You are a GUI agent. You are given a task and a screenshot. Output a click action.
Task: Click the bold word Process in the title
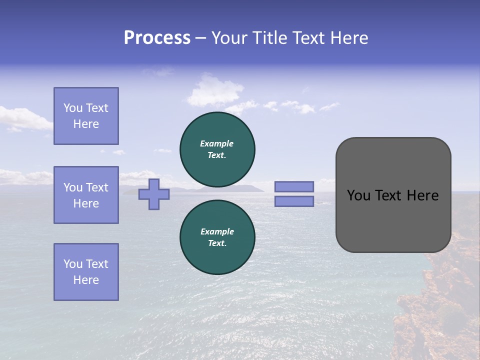pyautogui.click(x=157, y=38)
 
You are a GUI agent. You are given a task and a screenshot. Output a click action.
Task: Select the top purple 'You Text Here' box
pyautogui.click(x=86, y=116)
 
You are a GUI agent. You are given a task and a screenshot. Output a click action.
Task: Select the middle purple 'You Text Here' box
pyautogui.click(x=86, y=195)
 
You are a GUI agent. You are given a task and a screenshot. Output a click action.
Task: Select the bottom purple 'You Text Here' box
pyautogui.click(x=86, y=272)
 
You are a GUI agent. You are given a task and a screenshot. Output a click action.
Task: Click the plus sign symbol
pyautogui.click(x=154, y=194)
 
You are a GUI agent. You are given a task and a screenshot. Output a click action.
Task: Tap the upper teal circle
pyautogui.click(x=217, y=149)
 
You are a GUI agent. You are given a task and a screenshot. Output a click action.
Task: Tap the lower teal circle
pyautogui.click(x=217, y=237)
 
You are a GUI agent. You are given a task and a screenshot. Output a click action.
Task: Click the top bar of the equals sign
pyautogui.click(x=294, y=186)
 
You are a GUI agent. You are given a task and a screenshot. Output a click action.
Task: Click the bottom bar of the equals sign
pyautogui.click(x=294, y=201)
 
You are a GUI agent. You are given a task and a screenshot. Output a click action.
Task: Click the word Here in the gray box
pyautogui.click(x=422, y=195)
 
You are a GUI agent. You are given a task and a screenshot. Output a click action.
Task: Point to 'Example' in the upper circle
pyautogui.click(x=217, y=143)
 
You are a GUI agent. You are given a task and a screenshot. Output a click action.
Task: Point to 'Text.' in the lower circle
pyautogui.click(x=217, y=243)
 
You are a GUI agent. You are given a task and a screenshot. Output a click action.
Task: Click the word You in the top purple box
pyautogui.click(x=72, y=108)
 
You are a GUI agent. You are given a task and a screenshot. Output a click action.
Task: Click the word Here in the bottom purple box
pyautogui.click(x=86, y=280)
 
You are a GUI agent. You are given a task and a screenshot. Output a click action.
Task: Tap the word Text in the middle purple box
pyautogui.click(x=97, y=187)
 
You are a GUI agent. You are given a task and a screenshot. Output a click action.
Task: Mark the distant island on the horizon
pyautogui.click(x=240, y=188)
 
